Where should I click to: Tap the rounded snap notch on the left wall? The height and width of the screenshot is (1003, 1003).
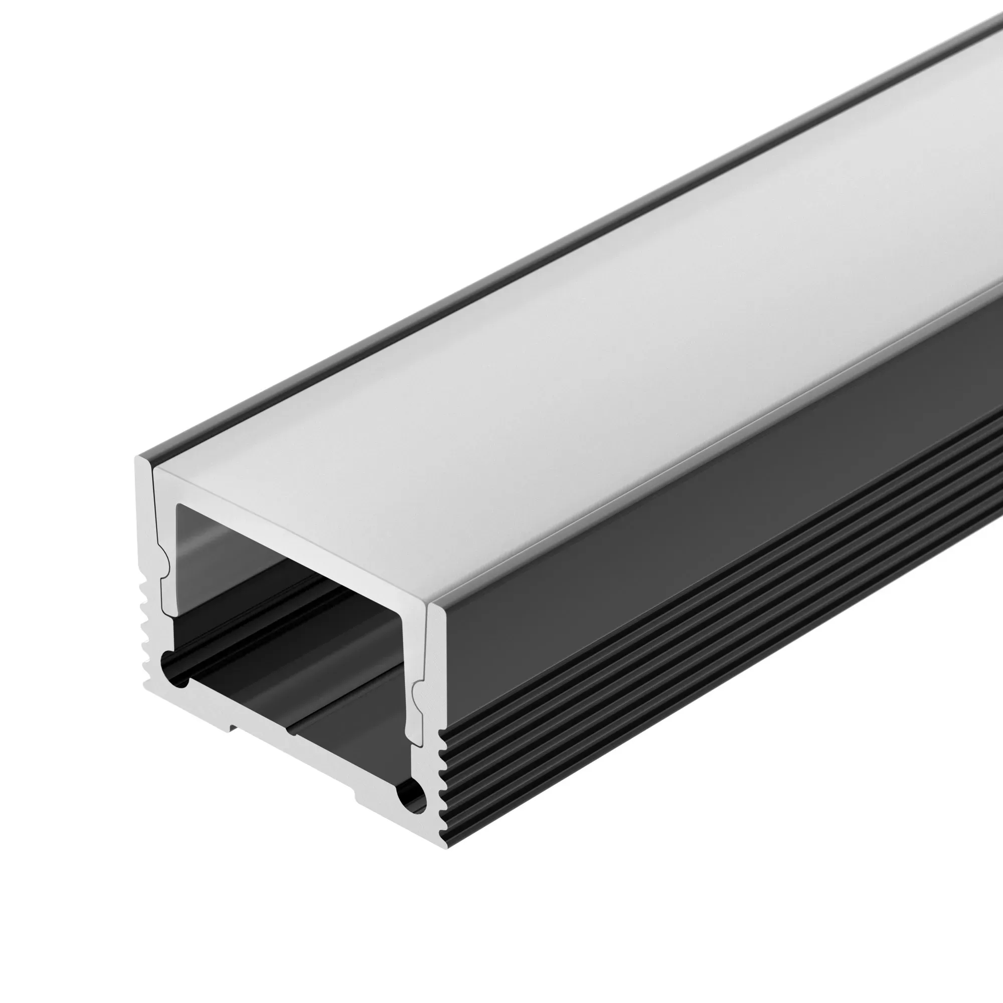(165, 566)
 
